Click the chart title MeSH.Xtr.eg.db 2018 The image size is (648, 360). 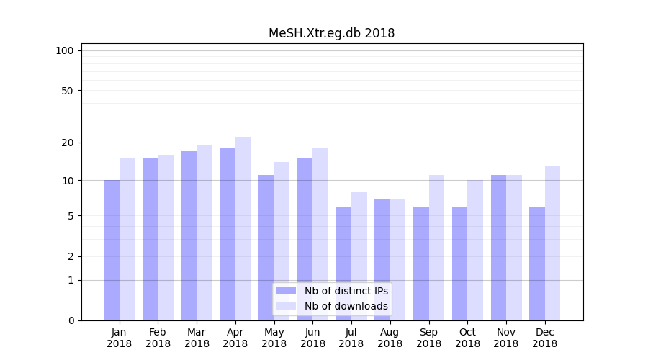click(331, 33)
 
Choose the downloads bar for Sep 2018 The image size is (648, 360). click(436, 248)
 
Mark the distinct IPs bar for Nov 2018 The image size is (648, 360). click(498, 248)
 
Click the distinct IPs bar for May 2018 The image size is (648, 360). click(266, 248)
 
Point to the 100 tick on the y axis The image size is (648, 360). click(65, 50)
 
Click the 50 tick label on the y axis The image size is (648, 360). click(68, 91)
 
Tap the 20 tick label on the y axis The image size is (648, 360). click(68, 143)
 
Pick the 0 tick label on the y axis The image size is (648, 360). click(71, 320)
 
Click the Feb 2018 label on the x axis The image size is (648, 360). click(158, 338)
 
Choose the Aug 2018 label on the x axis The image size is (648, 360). click(390, 338)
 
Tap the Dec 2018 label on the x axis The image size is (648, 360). click(545, 338)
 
